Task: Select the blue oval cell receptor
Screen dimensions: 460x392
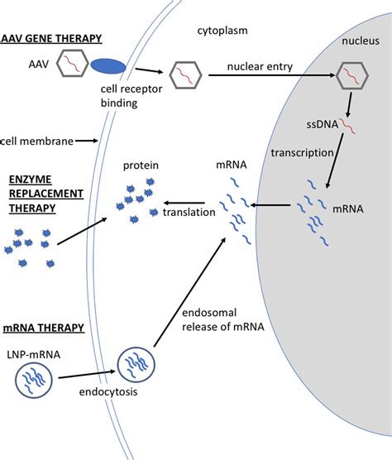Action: (108, 65)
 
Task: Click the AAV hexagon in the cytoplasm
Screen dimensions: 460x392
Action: (186, 78)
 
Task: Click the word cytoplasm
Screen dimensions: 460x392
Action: (222, 31)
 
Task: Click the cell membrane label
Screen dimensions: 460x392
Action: (34, 141)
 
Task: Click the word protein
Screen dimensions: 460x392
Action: (141, 165)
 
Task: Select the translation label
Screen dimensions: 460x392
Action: (189, 212)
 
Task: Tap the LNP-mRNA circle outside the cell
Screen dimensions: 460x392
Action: (35, 381)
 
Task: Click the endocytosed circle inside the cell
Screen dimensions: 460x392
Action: (135, 365)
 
